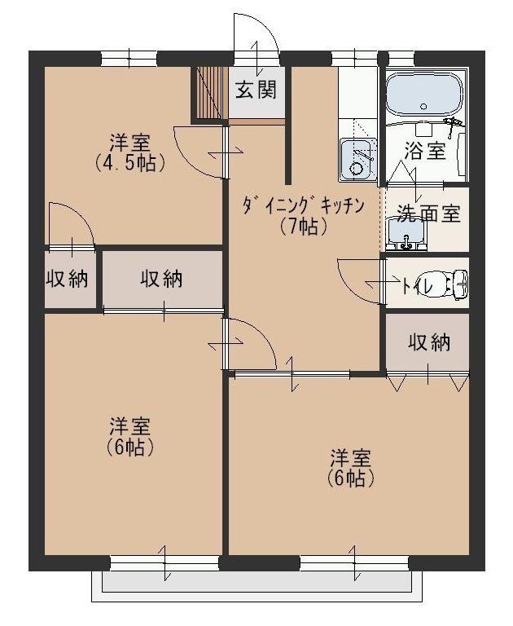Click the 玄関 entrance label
[256, 90]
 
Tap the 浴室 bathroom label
[425, 150]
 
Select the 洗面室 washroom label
[428, 214]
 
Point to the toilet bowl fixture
[453, 284]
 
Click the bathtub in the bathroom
[424, 95]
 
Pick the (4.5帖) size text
[130, 161]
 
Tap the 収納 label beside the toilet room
[428, 343]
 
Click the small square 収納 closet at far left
[67, 279]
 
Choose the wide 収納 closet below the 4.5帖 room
[162, 279]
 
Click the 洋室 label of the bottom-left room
[130, 425]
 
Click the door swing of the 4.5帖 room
[198, 149]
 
